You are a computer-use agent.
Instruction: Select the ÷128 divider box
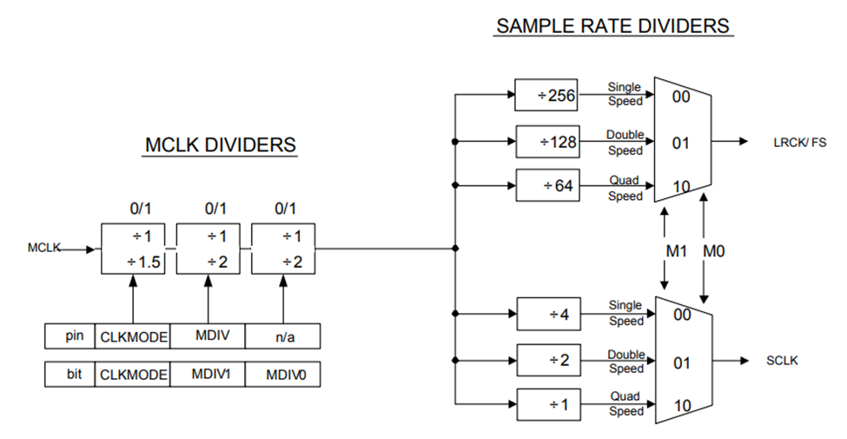[547, 142]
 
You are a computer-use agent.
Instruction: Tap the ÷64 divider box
[547, 186]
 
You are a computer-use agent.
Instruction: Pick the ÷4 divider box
[547, 313]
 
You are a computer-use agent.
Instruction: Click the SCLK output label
[782, 361]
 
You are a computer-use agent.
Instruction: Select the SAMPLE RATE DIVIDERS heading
[614, 26]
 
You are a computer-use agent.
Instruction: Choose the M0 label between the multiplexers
[713, 251]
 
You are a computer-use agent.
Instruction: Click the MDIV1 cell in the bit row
[208, 375]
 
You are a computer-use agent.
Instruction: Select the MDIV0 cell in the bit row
[282, 375]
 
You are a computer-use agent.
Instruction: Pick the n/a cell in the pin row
[282, 336]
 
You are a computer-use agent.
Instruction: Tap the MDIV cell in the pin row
[208, 336]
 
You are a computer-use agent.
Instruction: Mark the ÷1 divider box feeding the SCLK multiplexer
[547, 404]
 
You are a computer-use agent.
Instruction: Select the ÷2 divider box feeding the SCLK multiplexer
[547, 359]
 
